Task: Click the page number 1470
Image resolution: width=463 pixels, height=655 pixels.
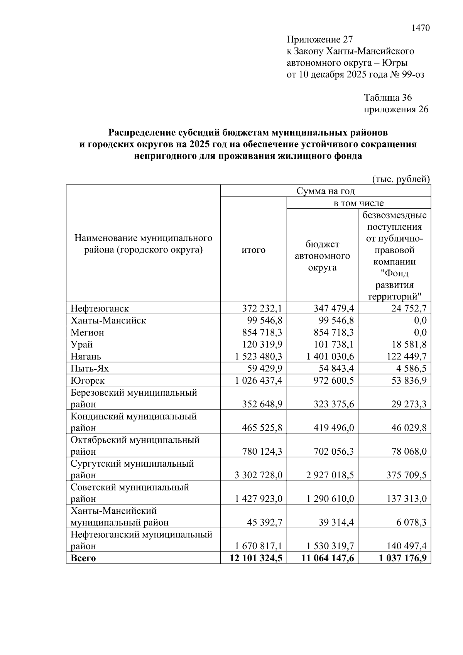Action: [x=420, y=28]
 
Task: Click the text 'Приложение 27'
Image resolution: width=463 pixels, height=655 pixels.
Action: [x=319, y=40]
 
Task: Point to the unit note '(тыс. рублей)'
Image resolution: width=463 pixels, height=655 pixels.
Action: [x=400, y=179]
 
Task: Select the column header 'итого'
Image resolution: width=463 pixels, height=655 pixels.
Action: [x=253, y=250]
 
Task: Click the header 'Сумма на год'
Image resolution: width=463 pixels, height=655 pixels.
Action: [x=325, y=191]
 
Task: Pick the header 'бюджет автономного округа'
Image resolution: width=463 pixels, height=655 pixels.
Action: [x=322, y=256]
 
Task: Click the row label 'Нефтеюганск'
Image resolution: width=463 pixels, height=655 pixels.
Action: [x=99, y=308]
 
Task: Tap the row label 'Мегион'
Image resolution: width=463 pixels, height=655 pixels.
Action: [x=87, y=332]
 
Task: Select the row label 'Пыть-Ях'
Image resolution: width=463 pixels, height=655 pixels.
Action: [x=90, y=368]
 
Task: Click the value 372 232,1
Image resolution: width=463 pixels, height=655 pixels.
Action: [x=262, y=308]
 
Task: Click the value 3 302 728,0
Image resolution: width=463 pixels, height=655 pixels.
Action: [x=258, y=475]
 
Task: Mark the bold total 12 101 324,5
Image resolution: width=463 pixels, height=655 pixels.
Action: [x=256, y=558]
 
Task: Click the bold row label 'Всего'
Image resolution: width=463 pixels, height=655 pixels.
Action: [x=83, y=558]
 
